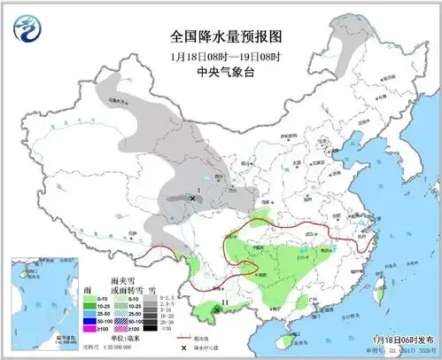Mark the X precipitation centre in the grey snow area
click(192, 200)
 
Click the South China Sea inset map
click(41, 301)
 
